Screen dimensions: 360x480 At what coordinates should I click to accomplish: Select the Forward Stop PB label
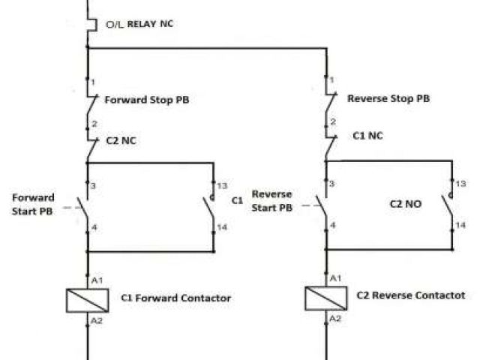(146, 99)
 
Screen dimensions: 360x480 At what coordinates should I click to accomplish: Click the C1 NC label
(368, 136)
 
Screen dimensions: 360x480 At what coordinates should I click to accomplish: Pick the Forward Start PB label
(34, 203)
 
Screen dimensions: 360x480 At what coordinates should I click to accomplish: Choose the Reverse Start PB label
(271, 201)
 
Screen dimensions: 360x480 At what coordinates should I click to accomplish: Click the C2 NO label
(406, 202)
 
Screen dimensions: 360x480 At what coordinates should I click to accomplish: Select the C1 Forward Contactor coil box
(88, 298)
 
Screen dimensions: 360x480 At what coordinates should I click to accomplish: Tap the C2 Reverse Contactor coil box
(325, 298)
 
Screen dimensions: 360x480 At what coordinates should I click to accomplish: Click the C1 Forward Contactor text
(175, 298)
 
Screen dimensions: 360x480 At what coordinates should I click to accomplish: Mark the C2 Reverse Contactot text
(410, 295)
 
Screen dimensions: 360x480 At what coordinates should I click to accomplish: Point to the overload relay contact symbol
(89, 22)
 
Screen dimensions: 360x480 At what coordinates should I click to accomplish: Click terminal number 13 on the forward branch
(223, 184)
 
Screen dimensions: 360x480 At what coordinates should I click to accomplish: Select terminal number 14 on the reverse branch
(461, 223)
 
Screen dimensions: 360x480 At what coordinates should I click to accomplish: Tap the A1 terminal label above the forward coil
(97, 280)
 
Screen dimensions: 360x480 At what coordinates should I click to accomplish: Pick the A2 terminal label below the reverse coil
(335, 318)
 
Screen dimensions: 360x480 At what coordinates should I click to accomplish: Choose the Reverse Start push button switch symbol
(323, 204)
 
